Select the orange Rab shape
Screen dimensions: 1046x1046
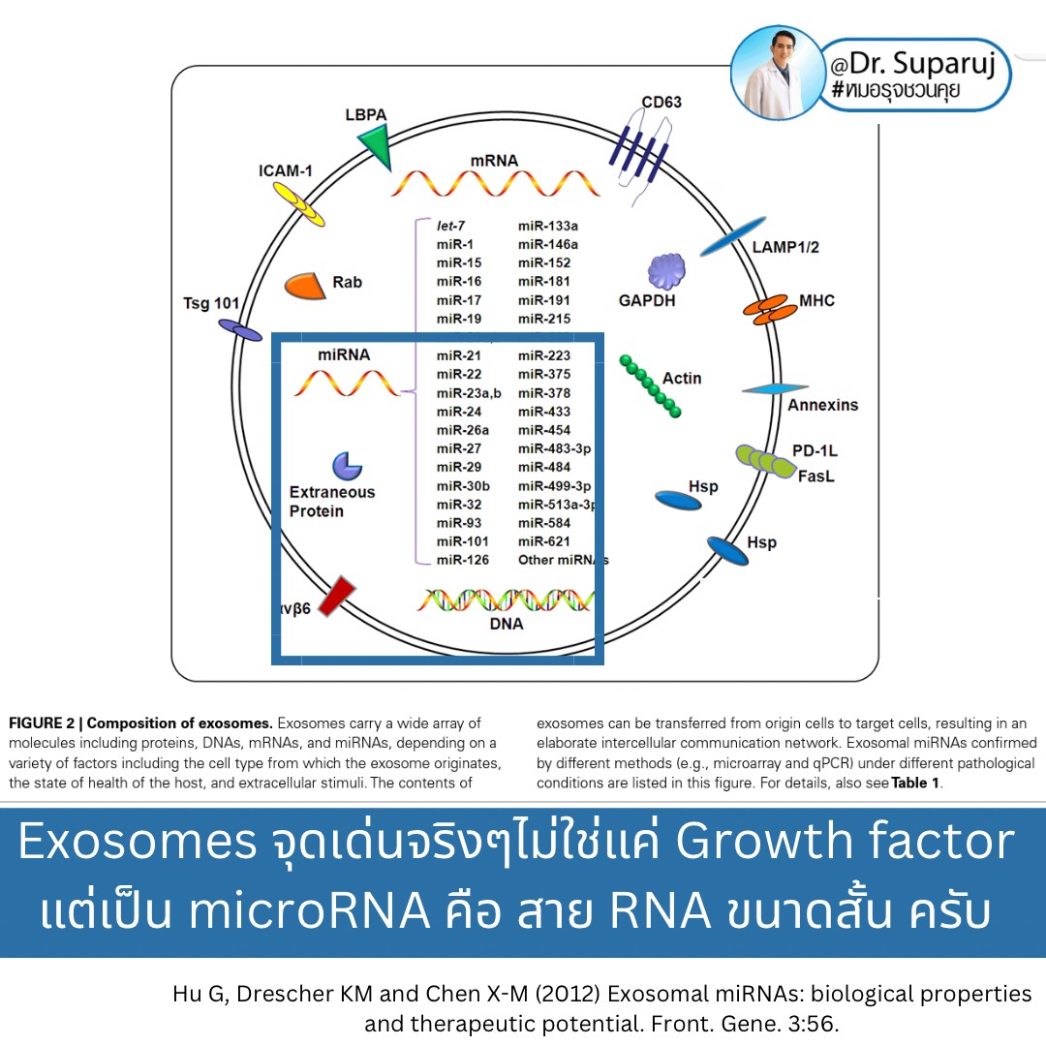304,285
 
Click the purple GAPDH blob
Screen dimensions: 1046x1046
666,271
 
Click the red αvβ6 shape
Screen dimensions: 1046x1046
336,597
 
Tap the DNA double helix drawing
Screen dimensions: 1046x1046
506,600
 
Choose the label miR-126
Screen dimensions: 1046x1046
463,560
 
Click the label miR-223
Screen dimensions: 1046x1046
544,355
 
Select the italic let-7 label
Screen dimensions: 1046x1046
451,226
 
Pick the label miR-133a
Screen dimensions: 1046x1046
548,226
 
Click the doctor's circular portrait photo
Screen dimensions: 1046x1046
776,73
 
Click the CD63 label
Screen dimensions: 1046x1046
662,102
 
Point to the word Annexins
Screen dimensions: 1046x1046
822,405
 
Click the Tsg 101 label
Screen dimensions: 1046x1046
211,303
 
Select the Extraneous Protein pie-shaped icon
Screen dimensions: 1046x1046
346,466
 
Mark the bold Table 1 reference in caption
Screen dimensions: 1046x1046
915,784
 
